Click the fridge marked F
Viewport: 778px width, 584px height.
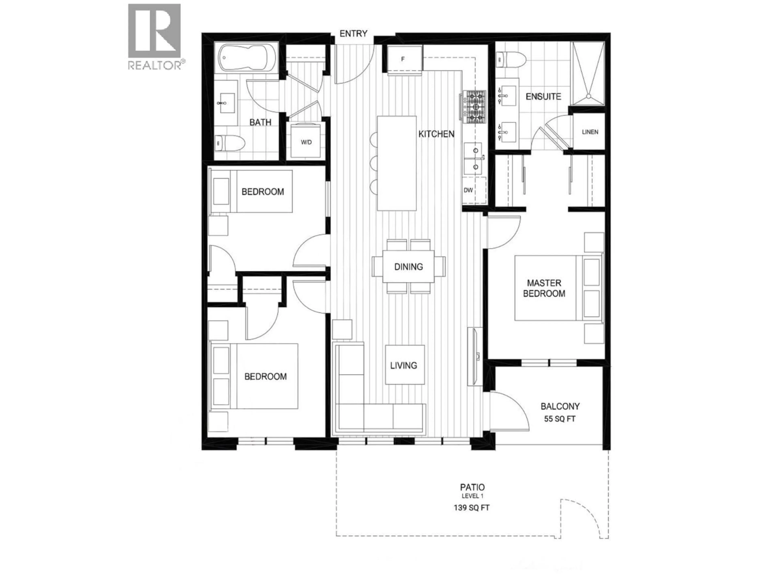click(403, 59)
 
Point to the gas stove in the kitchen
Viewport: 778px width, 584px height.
click(475, 107)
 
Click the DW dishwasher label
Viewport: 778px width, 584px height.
click(468, 190)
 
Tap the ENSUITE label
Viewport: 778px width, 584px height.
click(543, 97)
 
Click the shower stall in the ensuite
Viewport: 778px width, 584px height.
click(587, 74)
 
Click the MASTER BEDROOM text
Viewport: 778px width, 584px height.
click(544, 288)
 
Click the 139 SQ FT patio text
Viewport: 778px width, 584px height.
click(471, 508)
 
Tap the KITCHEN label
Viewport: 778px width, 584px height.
click(436, 134)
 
